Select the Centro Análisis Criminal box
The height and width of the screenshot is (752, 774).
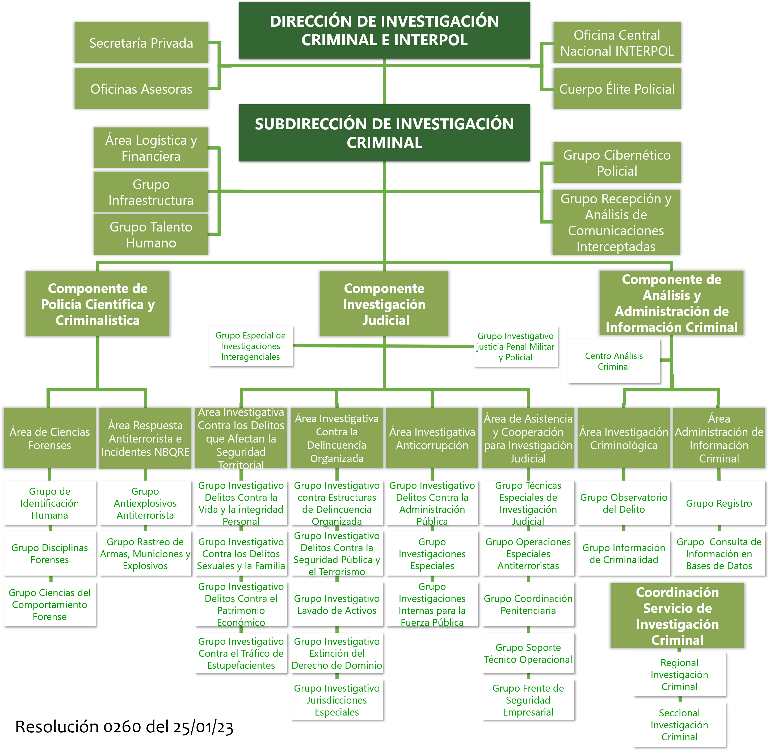(614, 361)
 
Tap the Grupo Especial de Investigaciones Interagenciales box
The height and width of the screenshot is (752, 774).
(250, 346)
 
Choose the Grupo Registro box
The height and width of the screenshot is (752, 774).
(719, 503)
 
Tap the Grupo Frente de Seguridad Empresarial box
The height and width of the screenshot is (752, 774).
(528, 700)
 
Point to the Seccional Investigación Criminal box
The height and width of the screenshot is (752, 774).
(679, 725)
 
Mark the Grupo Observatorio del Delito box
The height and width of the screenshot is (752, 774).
(624, 503)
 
